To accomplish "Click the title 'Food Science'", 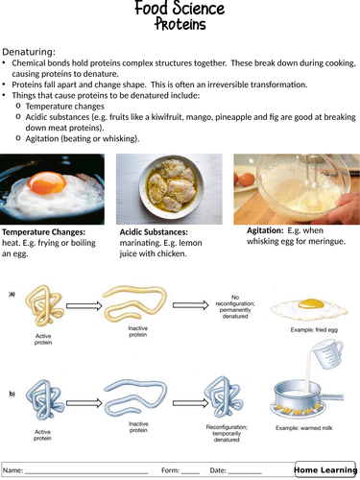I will [180, 10].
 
